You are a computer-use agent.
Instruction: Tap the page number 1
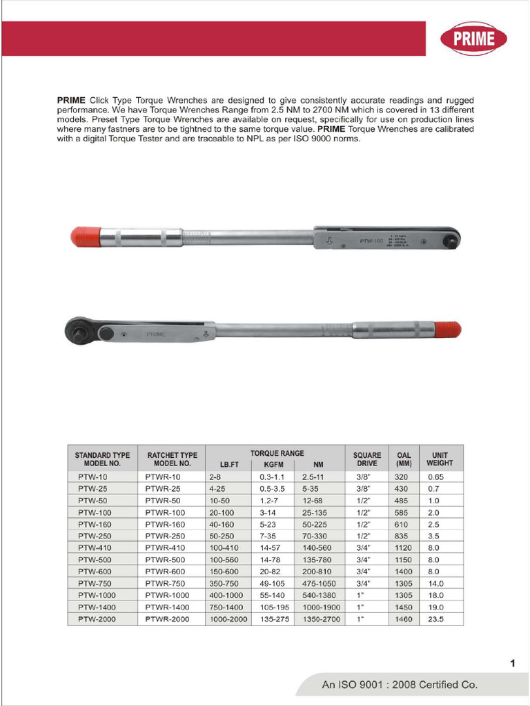(x=513, y=663)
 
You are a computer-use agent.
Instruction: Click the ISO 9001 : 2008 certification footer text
(x=400, y=685)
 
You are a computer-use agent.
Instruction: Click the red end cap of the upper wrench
(x=86, y=236)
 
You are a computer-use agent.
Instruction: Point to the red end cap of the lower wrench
(x=448, y=330)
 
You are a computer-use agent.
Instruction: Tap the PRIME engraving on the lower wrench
(x=155, y=334)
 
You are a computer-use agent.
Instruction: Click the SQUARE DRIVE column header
(x=366, y=459)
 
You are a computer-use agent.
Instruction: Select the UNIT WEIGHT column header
(x=440, y=459)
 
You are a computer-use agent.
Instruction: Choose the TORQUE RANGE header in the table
(x=277, y=454)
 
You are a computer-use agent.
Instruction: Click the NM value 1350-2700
(x=321, y=619)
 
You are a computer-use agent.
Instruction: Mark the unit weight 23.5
(x=435, y=619)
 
